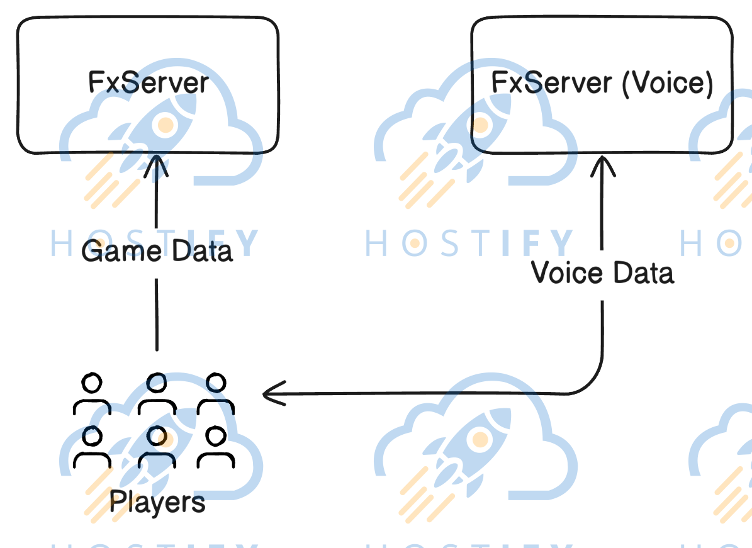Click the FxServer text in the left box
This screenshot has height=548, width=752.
(149, 82)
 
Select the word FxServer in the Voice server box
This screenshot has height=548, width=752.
(551, 83)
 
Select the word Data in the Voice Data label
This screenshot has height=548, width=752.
(642, 272)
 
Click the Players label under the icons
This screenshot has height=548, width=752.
(157, 502)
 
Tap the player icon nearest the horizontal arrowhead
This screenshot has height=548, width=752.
(216, 394)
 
